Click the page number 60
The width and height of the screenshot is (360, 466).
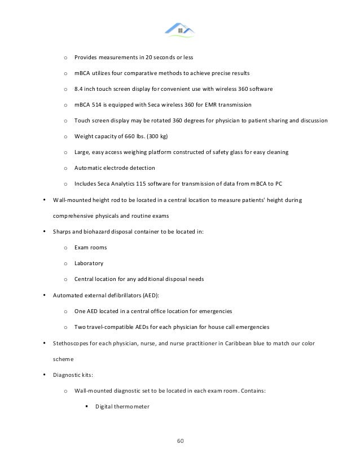[x=181, y=441]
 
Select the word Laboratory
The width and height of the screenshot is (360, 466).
[x=89, y=263]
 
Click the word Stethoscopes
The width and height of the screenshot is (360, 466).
[x=70, y=343]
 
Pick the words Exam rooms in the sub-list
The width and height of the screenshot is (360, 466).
[x=90, y=247]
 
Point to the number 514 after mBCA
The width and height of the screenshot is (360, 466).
[x=98, y=104]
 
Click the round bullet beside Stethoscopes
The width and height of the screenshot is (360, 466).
[x=45, y=343]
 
